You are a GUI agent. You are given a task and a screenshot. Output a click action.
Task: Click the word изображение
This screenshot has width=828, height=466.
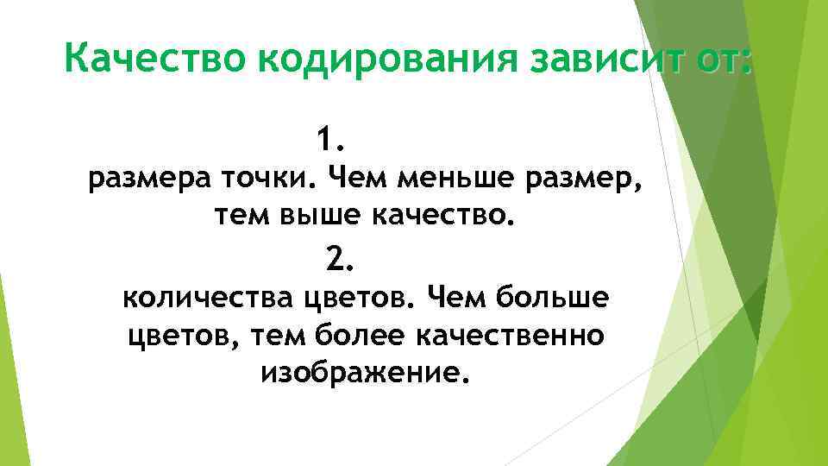[366, 374]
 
